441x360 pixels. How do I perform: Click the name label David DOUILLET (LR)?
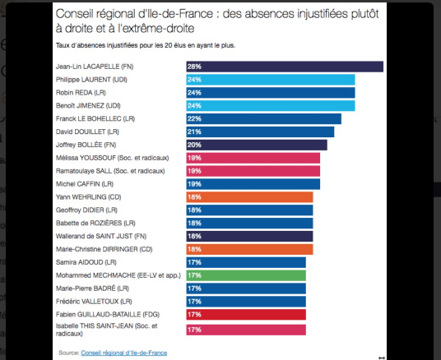[86, 132]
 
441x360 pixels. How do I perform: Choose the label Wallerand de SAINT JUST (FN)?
[101, 236]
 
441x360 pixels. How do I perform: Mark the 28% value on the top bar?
[195, 67]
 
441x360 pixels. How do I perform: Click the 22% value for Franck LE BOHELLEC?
[195, 118]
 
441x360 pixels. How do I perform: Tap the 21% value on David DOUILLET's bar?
[195, 132]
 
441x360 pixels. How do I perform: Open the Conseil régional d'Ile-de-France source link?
[123, 352]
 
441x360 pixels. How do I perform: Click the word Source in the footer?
[68, 352]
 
